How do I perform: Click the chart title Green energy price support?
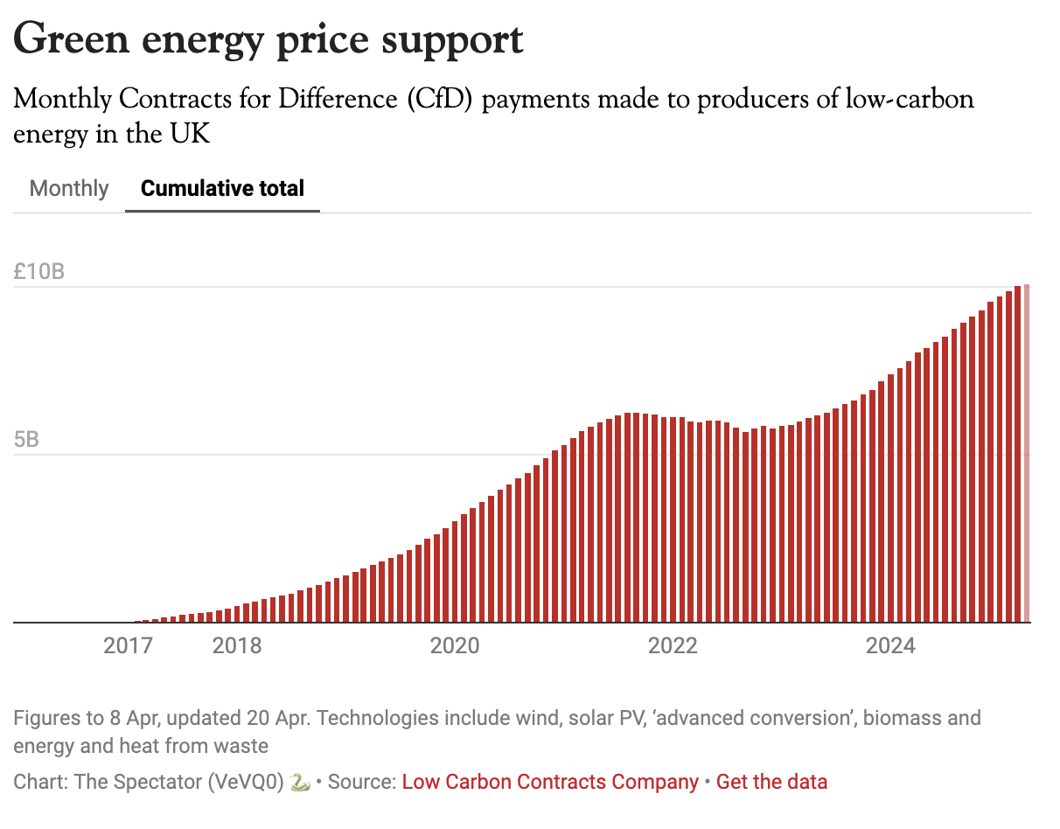coord(268,39)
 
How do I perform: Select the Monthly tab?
coord(69,188)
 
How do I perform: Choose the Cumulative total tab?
coord(222,188)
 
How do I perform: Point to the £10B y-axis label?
coord(39,271)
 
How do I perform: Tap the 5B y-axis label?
coord(27,439)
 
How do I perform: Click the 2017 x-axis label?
coord(128,646)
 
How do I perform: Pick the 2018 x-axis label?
coord(237,646)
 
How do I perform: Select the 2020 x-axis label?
coord(455,646)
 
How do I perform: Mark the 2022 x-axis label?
coord(673,646)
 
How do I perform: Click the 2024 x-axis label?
coord(890,646)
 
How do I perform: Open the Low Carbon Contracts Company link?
coord(550,782)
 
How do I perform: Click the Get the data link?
coord(771,782)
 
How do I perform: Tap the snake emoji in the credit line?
coord(300,782)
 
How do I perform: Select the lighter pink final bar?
coord(1027,455)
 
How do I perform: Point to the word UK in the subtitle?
coord(191,135)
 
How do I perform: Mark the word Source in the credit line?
coord(363,782)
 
